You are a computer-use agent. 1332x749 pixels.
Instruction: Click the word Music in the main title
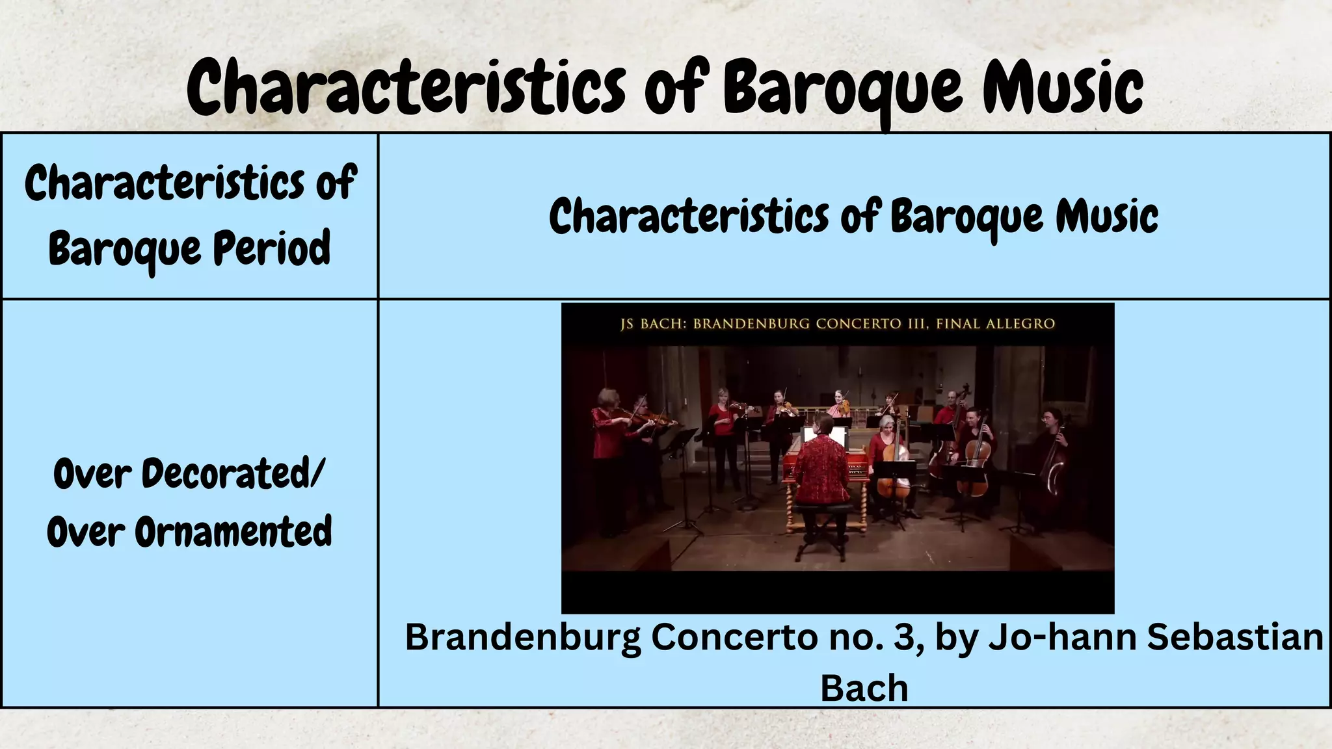[1063, 88]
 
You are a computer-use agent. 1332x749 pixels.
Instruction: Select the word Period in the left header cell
[272, 248]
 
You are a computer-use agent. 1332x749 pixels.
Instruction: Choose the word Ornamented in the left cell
[233, 532]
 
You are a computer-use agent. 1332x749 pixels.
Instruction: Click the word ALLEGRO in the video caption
[1020, 324]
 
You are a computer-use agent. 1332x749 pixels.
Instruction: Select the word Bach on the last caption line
[864, 688]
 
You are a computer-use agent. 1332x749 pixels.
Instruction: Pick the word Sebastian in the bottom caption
[1234, 637]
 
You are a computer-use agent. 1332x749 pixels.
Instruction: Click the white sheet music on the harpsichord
[825, 436]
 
